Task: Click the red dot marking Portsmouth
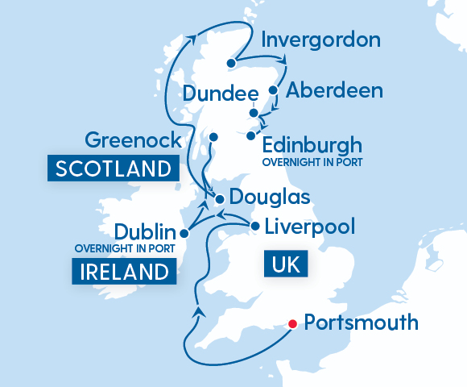[x=292, y=324]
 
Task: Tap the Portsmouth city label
[x=363, y=323]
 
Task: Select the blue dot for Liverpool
[x=254, y=227]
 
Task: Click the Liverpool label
[x=310, y=227]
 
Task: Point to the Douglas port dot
[x=218, y=198]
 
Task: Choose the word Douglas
[x=270, y=197]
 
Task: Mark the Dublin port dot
[x=184, y=234]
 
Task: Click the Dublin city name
[x=145, y=231]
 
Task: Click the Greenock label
[x=134, y=141]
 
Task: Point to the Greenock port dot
[x=213, y=137]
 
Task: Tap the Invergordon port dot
[x=231, y=63]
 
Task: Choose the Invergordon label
[x=321, y=40]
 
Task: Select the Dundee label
[x=215, y=94]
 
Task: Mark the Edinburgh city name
[x=312, y=146]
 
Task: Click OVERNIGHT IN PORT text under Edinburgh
[x=313, y=163]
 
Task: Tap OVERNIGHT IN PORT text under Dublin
[x=123, y=248]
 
